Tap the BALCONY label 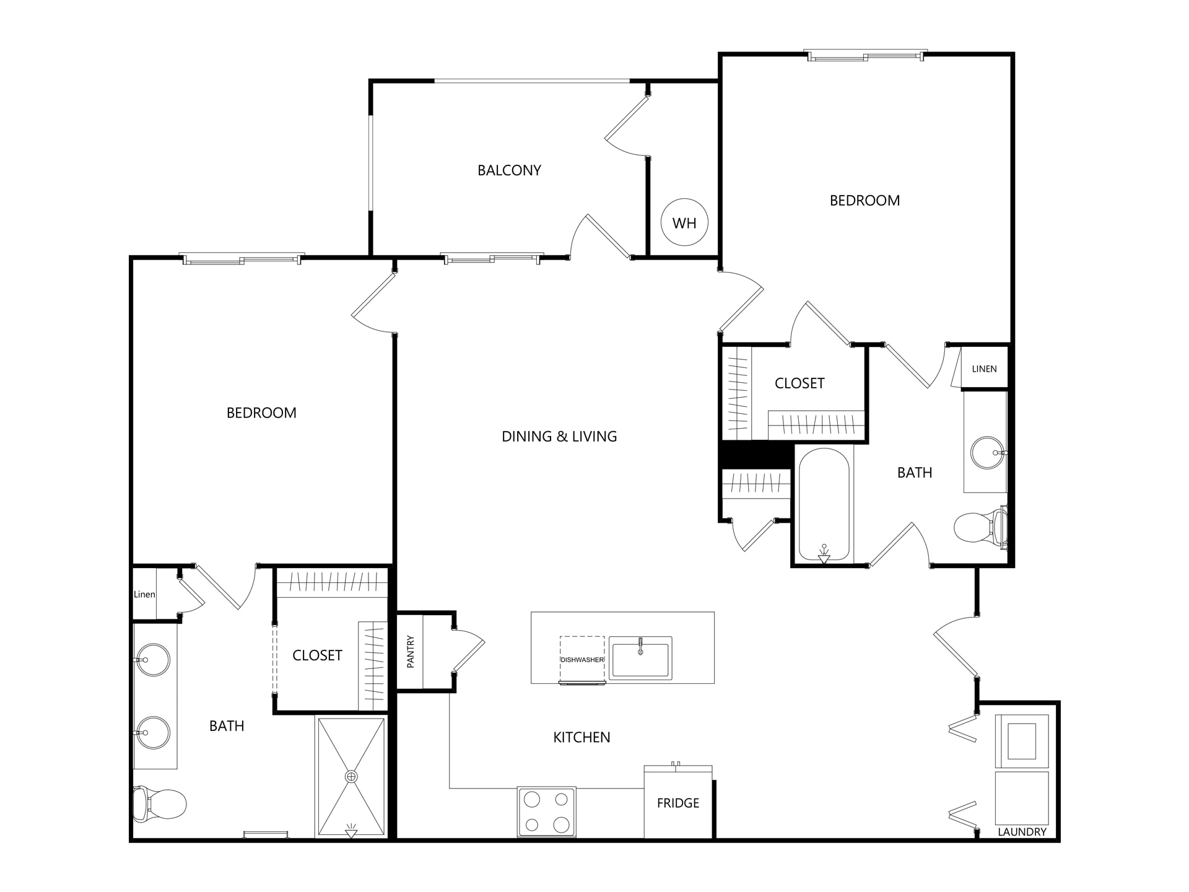pyautogui.click(x=509, y=170)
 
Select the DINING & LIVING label pyautogui.click(x=559, y=437)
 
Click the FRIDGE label pyautogui.click(x=678, y=803)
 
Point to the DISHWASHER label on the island pyautogui.click(x=582, y=660)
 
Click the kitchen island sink pyautogui.click(x=640, y=658)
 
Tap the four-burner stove pyautogui.click(x=547, y=812)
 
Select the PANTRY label pyautogui.click(x=410, y=652)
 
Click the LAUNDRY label pyautogui.click(x=1022, y=832)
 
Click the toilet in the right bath pyautogui.click(x=980, y=527)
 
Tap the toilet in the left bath pyautogui.click(x=159, y=803)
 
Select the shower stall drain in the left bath pyautogui.click(x=351, y=776)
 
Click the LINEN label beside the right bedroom pyautogui.click(x=984, y=369)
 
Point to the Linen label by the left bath pyautogui.click(x=144, y=595)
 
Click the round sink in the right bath pyautogui.click(x=987, y=453)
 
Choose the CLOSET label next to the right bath pyautogui.click(x=799, y=383)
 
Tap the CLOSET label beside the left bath pyautogui.click(x=317, y=655)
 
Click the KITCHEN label pyautogui.click(x=581, y=737)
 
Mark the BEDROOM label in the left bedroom pyautogui.click(x=261, y=413)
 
